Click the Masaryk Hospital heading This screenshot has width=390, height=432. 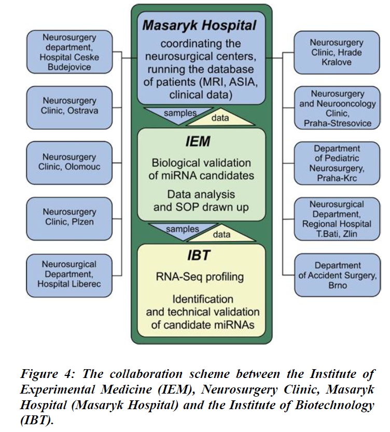tap(199, 25)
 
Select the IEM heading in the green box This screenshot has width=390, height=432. tap(198, 142)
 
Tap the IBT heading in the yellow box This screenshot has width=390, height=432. tap(199, 255)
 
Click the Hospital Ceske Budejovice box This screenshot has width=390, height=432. tap(69, 52)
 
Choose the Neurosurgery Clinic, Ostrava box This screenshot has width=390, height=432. tap(69, 107)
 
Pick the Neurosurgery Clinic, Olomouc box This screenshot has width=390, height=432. tap(69, 163)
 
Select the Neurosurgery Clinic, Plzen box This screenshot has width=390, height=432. tap(69, 219)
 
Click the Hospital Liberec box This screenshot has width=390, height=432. tap(69, 276)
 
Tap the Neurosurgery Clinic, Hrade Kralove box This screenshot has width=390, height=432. tap(337, 52)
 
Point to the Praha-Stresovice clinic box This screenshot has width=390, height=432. tap(338, 107)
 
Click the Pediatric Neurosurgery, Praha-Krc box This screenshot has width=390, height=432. tap(337, 163)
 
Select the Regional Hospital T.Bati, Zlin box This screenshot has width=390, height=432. tap(337, 219)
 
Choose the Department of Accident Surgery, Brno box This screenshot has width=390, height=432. tap(338, 275)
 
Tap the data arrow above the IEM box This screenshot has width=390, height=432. tap(220, 118)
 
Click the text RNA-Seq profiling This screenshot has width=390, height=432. tap(200, 277)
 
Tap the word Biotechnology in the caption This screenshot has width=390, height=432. tap(335, 405)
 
